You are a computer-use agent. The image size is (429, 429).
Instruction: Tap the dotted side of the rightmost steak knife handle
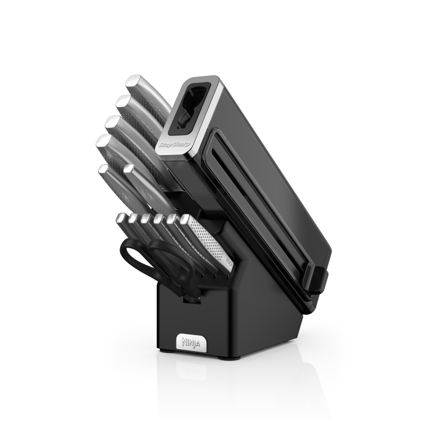point(211,242)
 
